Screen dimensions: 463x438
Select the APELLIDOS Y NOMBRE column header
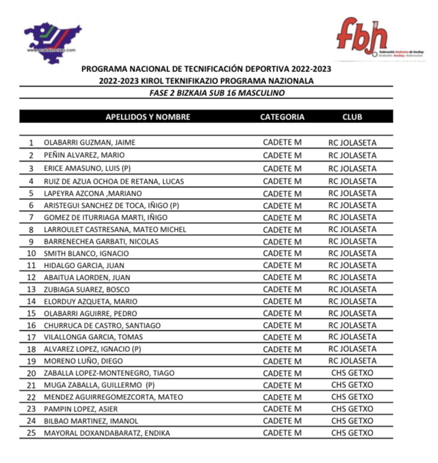[x=148, y=117]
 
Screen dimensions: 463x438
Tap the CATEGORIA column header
[x=282, y=117]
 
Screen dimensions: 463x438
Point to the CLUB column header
[x=352, y=117]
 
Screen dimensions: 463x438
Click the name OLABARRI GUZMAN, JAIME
[x=89, y=143]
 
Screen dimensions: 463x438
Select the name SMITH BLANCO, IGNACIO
[x=87, y=253]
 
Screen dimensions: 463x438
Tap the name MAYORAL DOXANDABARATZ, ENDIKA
[x=107, y=433]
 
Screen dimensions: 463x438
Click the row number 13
[x=31, y=289]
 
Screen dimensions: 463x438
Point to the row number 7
[x=31, y=217]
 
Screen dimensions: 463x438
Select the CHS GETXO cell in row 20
[x=352, y=373]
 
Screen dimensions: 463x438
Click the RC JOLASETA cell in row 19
[x=352, y=361]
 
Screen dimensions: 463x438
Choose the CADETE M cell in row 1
[x=282, y=143]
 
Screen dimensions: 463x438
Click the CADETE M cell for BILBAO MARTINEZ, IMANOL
[x=282, y=421]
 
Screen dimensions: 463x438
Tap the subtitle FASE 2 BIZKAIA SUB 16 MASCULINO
[x=217, y=93]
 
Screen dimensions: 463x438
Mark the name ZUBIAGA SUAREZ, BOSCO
[x=87, y=289]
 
